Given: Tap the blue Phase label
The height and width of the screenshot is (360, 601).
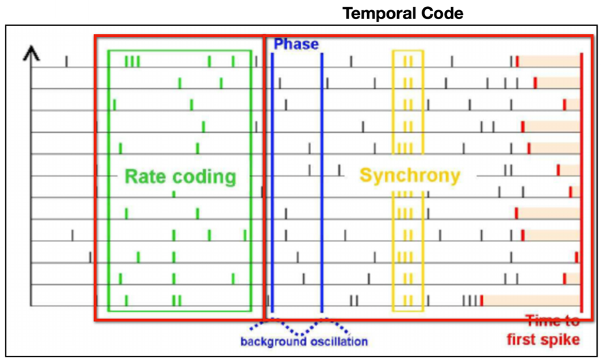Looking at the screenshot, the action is coord(296,44).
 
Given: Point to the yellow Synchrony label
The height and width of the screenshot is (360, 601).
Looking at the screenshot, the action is coord(410,176).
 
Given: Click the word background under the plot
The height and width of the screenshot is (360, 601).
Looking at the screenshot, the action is coord(274,341).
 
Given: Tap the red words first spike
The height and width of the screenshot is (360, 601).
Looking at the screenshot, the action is coord(543,340).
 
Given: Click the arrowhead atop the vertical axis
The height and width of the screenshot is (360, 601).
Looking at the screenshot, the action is coord(31,55).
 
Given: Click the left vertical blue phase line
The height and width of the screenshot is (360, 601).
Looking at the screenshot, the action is coord(272,183).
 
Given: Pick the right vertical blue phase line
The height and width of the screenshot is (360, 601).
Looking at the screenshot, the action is coord(322,183).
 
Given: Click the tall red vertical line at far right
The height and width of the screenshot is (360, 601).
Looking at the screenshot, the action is coord(581,183).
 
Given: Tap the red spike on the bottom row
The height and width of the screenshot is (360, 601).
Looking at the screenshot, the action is coord(482,301).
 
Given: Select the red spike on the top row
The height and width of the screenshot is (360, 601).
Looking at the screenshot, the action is coord(517,61).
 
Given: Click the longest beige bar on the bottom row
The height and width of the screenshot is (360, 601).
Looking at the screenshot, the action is coord(531,301).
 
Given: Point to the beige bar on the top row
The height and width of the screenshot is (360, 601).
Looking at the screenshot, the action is coord(549,61).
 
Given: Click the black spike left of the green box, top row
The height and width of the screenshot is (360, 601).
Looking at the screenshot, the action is coord(66,61).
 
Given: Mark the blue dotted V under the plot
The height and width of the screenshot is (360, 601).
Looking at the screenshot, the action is coord(299,327).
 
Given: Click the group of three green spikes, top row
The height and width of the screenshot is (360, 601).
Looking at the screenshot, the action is coord(132,61).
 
